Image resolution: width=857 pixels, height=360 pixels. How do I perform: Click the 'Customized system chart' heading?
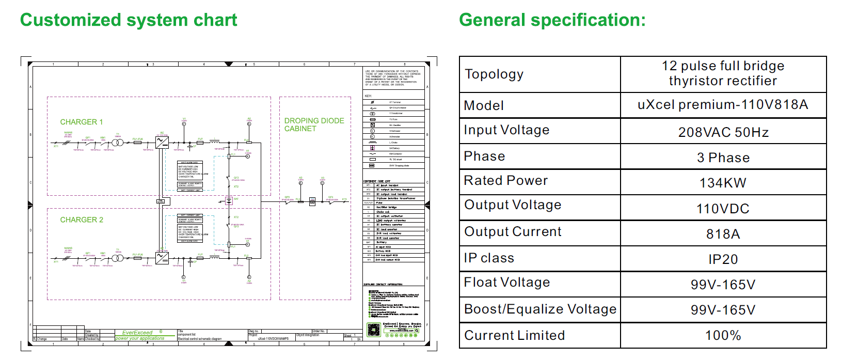pyautogui.click(x=128, y=20)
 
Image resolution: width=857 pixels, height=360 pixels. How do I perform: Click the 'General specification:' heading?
pyautogui.click(x=552, y=20)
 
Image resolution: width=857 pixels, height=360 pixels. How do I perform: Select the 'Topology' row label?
pyautogui.click(x=494, y=74)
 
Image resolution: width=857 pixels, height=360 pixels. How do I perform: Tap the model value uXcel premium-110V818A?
pyautogui.click(x=723, y=105)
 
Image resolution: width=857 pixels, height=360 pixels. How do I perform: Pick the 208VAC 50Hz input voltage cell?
pyautogui.click(x=723, y=132)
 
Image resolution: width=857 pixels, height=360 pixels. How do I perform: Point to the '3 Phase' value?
pyautogui.click(x=723, y=158)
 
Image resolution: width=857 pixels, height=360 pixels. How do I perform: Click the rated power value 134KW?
pyautogui.click(x=723, y=183)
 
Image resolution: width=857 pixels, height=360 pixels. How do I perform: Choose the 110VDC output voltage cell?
pyautogui.click(x=723, y=209)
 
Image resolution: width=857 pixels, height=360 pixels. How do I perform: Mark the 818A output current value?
pyautogui.click(x=723, y=234)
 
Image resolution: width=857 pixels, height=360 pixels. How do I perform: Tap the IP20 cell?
pyautogui.click(x=723, y=259)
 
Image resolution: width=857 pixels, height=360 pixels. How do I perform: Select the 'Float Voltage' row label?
pyautogui.click(x=506, y=283)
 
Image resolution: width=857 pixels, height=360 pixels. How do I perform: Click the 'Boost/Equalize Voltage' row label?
pyautogui.click(x=540, y=309)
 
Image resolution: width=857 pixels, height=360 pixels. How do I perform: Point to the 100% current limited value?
pyautogui.click(x=723, y=335)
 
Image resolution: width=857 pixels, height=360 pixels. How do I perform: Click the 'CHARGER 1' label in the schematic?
pyautogui.click(x=82, y=122)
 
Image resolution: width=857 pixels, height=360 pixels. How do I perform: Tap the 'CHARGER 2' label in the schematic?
pyautogui.click(x=82, y=220)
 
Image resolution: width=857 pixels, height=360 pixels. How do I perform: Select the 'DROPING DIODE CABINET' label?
pyautogui.click(x=314, y=124)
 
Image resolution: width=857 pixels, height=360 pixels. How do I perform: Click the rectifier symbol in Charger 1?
pyautogui.click(x=162, y=142)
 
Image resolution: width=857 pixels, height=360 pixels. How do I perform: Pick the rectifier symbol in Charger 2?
pyautogui.click(x=162, y=257)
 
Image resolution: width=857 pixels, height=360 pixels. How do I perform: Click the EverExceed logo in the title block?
pyautogui.click(x=138, y=333)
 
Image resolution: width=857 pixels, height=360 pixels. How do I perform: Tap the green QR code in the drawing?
pyautogui.click(x=373, y=330)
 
